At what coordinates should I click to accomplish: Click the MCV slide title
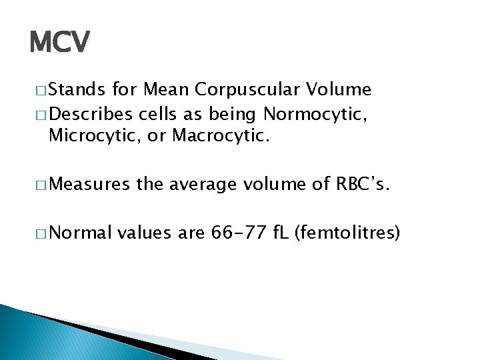pos(59,43)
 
